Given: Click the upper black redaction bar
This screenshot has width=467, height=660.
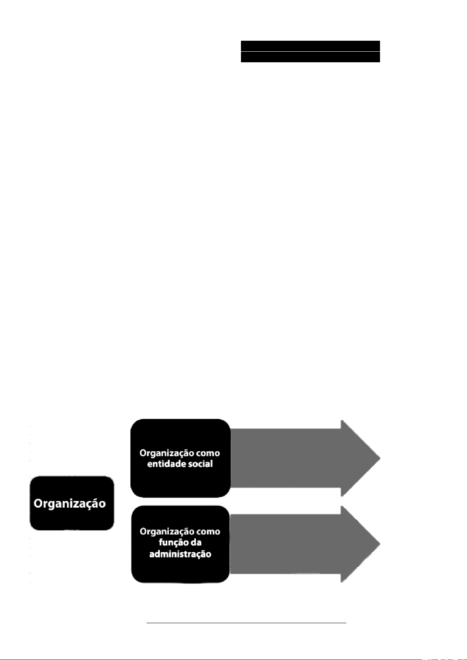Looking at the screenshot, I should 310,45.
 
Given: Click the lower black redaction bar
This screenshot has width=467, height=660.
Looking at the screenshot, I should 310,57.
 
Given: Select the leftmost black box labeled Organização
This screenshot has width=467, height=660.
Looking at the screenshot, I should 72,503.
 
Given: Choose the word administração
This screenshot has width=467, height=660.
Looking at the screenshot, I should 180,554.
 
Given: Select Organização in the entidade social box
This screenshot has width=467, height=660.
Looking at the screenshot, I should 165,453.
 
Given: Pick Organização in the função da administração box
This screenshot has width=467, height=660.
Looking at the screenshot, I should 165,532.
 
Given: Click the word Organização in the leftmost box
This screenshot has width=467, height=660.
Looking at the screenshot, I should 70,503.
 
